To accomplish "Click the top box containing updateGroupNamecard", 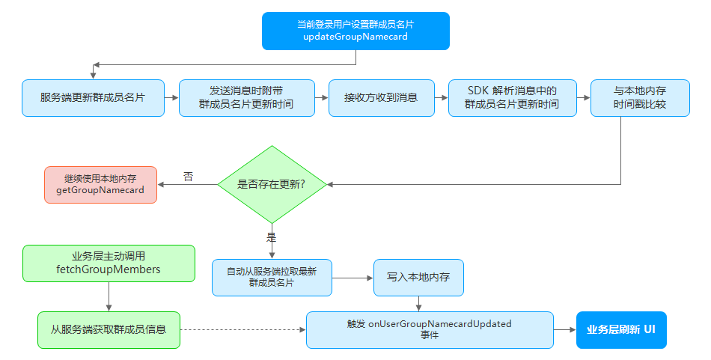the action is click(x=355, y=31).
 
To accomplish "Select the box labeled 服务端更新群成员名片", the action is click(x=93, y=98).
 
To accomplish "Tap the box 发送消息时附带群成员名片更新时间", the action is click(x=247, y=98).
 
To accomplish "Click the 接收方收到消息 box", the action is click(x=382, y=98).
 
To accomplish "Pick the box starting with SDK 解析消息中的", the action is click(x=513, y=98).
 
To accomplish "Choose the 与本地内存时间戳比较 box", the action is click(x=640, y=98).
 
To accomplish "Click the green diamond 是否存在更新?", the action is click(x=272, y=185).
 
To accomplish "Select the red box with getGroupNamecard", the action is click(x=101, y=185).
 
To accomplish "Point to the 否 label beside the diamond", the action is click(x=188, y=177).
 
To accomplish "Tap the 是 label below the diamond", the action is click(x=271, y=237).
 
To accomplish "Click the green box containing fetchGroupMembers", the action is click(x=109, y=263).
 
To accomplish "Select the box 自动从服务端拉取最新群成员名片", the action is click(x=272, y=278).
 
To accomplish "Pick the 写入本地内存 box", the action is click(x=418, y=278).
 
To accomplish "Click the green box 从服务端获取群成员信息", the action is click(x=109, y=329).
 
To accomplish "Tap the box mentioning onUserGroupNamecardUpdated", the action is click(x=430, y=329).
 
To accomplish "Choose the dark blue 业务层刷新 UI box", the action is click(x=621, y=329).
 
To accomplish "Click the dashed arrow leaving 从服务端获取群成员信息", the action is click(x=243, y=329).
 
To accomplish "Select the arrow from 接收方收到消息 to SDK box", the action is click(x=442, y=97).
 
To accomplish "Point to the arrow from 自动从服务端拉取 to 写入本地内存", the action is click(x=353, y=278).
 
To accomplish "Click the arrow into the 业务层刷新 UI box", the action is click(x=565, y=329).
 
